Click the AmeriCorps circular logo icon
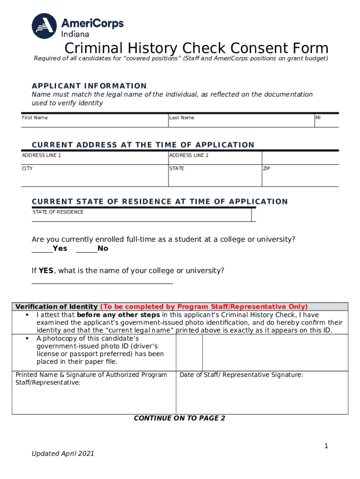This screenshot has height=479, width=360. pos(44,26)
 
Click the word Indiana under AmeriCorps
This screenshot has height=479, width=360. pos(75,34)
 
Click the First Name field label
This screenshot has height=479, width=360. pos(35,118)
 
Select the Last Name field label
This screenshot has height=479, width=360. pos(181,118)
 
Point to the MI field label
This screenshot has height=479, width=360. pos(318,118)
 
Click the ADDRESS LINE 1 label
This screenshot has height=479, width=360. pos(42,155)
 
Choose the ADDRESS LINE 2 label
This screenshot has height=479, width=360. pos(189,155)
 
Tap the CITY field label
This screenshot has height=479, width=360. pos(27,168)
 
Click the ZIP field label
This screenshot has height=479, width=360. pos(266,168)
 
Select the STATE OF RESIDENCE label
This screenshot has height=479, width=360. pos(58,212)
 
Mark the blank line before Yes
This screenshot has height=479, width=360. pos(42,251)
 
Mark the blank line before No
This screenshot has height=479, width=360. pos(86,251)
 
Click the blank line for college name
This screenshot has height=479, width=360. pos(102,283)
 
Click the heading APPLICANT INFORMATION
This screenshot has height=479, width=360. pos(89,86)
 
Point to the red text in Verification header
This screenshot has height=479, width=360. pos(204,307)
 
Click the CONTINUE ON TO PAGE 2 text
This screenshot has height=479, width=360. pos(180,418)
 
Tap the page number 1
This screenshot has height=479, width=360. pos(326,446)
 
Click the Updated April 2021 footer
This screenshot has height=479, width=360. pos(63,454)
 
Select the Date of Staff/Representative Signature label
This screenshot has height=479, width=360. pos(241,375)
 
